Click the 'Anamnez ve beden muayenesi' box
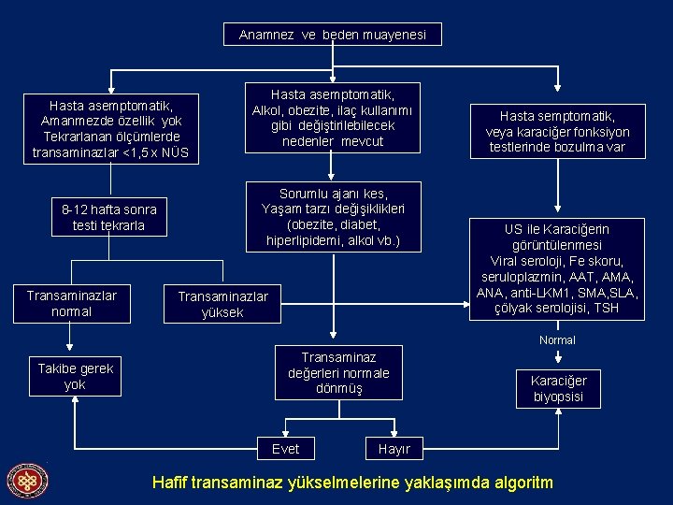pos(333,35)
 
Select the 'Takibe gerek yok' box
pos(75,376)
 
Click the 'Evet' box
pos(285,449)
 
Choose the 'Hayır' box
pos(394,449)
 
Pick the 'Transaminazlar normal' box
pos(72,303)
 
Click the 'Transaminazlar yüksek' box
pos(222,304)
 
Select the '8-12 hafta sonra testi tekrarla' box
pos(108,217)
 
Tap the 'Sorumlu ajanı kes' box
pos(333,217)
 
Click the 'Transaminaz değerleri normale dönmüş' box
pos(338,371)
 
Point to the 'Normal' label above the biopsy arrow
pos(557,340)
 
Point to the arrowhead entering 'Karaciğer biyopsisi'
pos(558,363)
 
